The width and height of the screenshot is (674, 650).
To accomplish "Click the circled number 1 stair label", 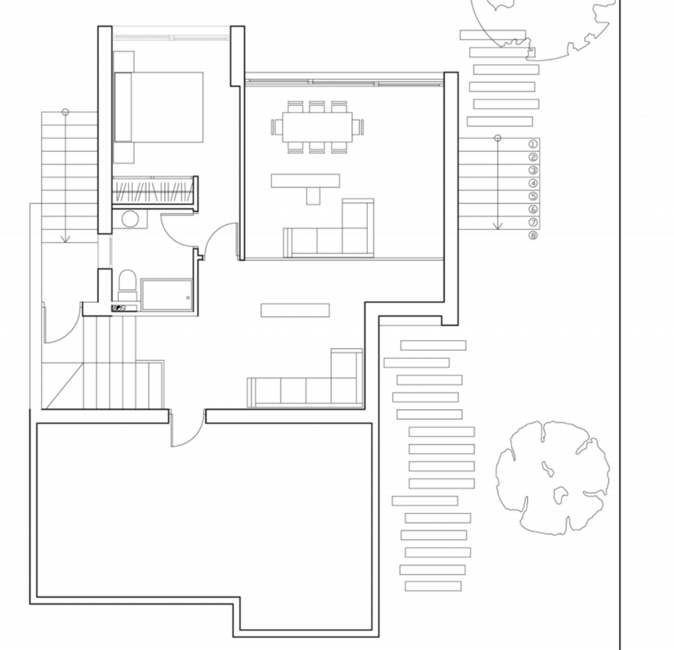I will pos(533,144).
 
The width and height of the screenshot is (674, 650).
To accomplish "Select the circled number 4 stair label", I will pos(533,184).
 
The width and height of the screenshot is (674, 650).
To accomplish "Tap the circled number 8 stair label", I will pos(533,236).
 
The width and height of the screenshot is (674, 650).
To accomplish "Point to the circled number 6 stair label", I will pos(533,210).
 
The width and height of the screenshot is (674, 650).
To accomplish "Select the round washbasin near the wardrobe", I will pos(130,219).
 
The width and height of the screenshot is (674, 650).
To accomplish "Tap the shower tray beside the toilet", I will pos(167,295).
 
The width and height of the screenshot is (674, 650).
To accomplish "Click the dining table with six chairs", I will pos(317,127).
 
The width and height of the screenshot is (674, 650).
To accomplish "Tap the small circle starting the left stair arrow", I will pos(66,112).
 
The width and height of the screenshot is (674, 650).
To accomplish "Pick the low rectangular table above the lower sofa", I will pos(295,310).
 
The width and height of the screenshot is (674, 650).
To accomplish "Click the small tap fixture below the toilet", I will pos(118,308).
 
